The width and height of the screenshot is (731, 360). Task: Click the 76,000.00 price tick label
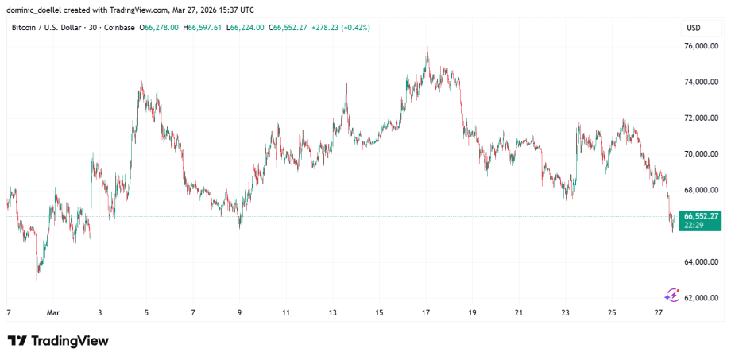702,46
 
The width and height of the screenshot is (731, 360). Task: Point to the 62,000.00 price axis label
702,298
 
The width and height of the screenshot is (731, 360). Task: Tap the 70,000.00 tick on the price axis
702,154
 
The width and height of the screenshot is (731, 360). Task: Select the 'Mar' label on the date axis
53,312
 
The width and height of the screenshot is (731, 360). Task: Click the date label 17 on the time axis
426,312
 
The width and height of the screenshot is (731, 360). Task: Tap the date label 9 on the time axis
240,312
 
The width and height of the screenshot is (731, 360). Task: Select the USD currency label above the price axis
693,28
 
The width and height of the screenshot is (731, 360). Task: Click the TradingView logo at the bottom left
58,341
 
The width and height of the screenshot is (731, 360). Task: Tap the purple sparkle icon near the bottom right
672,295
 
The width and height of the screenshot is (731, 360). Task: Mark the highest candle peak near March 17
427,48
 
